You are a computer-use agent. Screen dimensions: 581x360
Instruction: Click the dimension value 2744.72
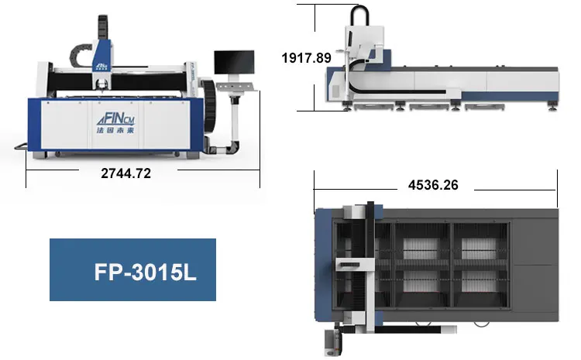click(x=126, y=173)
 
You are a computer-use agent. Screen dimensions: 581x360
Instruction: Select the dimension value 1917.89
click(x=307, y=58)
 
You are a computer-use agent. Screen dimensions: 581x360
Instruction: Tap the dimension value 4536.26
click(x=433, y=185)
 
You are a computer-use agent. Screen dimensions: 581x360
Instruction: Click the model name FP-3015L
click(x=145, y=273)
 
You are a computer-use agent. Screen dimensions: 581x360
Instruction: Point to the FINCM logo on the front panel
click(x=116, y=120)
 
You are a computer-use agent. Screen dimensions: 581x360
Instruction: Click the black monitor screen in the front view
click(x=234, y=62)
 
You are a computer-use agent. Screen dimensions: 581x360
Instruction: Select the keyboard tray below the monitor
click(x=237, y=87)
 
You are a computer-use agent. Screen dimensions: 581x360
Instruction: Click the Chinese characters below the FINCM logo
click(x=115, y=130)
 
